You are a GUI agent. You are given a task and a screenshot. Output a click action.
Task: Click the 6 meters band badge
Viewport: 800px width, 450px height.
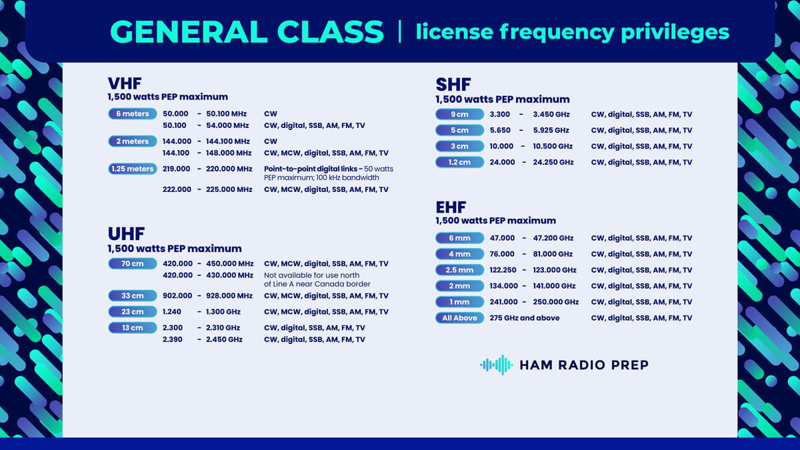pos(133,113)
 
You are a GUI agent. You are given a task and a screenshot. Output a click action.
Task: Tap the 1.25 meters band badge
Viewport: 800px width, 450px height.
pos(133,169)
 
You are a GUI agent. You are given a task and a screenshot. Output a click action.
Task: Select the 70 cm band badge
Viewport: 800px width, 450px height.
pos(133,263)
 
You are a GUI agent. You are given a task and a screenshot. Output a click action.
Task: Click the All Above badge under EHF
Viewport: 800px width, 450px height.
pos(460,318)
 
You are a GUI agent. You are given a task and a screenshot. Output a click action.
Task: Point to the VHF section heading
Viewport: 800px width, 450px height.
pos(125,83)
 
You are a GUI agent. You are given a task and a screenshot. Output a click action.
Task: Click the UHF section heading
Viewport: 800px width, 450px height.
pos(126,233)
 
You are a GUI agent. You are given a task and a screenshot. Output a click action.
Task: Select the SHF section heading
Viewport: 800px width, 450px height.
pos(453,85)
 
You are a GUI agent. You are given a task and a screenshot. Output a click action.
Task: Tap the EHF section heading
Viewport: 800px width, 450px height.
pos(451,206)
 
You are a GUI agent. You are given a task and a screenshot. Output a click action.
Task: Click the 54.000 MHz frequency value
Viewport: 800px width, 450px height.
pos(229,125)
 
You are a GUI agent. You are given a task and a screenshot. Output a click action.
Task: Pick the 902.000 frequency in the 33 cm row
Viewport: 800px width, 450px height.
pos(177,295)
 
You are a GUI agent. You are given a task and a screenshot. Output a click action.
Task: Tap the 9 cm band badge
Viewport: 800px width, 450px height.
pos(460,114)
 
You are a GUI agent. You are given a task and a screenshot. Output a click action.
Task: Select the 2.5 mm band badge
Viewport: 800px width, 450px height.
pos(460,270)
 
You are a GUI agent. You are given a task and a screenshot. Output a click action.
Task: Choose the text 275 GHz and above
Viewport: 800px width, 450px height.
pos(524,318)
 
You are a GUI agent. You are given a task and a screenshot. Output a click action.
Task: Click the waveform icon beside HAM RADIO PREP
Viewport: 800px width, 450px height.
pos(496,365)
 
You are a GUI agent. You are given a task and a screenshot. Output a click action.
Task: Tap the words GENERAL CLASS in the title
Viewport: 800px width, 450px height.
pos(247,32)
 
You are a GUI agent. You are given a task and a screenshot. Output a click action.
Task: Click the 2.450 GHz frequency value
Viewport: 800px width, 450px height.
pos(224,339)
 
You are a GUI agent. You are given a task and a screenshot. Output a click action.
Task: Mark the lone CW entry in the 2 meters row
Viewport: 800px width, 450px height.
pos(270,141)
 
